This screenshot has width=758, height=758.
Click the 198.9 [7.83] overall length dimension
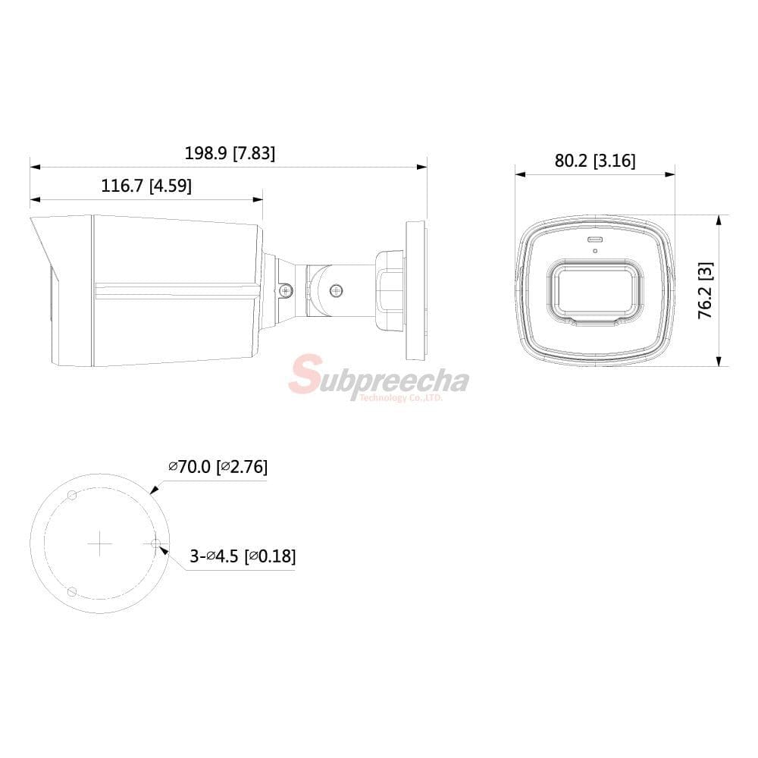pyautogui.click(x=230, y=153)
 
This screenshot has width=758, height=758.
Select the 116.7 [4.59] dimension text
pyautogui.click(x=146, y=186)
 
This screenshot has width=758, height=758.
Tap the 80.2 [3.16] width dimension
pyautogui.click(x=595, y=160)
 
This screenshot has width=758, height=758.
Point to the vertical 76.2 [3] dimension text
pyautogui.click(x=705, y=290)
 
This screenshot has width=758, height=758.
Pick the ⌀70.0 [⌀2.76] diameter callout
pyautogui.click(x=218, y=466)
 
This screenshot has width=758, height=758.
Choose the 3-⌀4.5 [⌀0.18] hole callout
pyautogui.click(x=243, y=556)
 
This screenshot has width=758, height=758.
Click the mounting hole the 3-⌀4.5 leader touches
pyautogui.click(x=155, y=543)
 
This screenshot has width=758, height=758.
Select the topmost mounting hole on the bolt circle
pyautogui.click(x=72, y=495)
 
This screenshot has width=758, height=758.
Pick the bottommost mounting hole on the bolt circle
pyautogui.click(x=71, y=591)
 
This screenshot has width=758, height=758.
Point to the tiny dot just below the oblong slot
pyautogui.click(x=595, y=250)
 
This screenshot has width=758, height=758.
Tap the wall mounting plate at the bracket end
pyautogui.click(x=416, y=290)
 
